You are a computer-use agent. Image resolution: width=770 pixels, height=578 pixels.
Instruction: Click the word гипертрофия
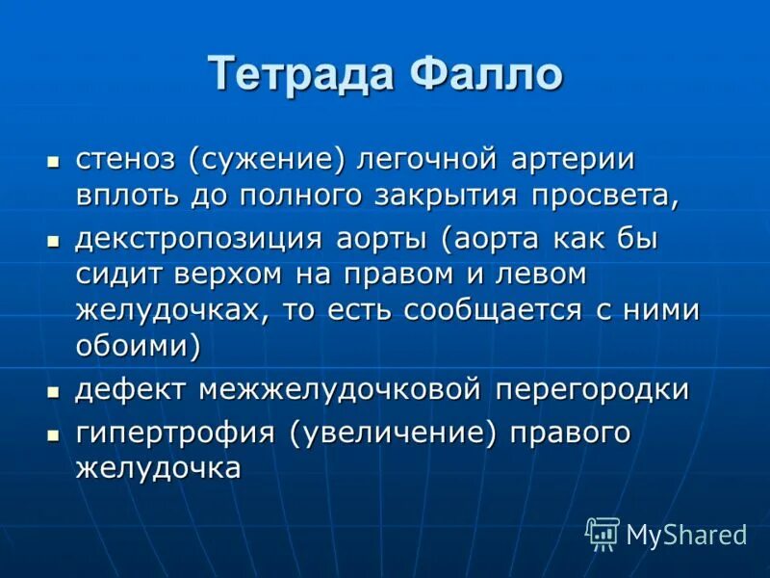pos(175,434)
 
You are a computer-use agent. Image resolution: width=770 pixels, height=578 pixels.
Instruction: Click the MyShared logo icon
pos(603,533)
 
